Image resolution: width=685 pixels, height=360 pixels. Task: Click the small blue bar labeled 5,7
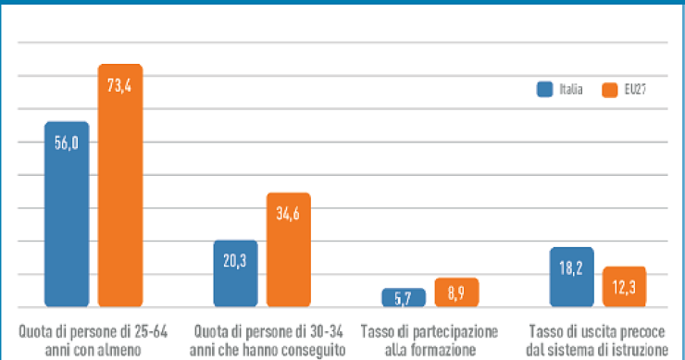coord(404,298)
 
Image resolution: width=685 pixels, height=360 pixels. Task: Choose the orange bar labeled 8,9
coord(456,293)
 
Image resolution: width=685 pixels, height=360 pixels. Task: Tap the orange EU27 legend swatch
coord(609,90)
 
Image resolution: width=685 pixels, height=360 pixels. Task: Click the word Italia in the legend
coord(570,90)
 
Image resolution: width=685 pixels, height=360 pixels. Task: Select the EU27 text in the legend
coord(635,90)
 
